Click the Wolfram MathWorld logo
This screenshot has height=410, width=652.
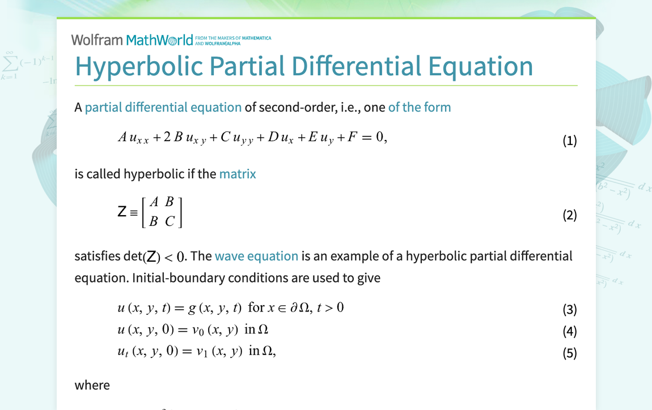132,40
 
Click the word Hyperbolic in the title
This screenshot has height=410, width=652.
139,66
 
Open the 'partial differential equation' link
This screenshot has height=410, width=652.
163,107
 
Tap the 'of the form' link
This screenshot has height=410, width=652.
420,107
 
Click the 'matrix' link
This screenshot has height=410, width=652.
238,174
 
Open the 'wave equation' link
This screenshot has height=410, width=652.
256,256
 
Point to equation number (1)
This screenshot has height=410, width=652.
569,140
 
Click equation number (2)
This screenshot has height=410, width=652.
569,215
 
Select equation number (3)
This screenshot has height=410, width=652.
569,309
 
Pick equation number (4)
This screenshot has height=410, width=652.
569,331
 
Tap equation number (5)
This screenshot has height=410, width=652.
569,353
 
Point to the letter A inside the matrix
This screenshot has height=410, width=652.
154,202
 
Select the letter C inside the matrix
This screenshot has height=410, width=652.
170,222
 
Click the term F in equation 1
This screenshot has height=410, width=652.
352,137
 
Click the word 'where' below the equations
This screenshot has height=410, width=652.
92,385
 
